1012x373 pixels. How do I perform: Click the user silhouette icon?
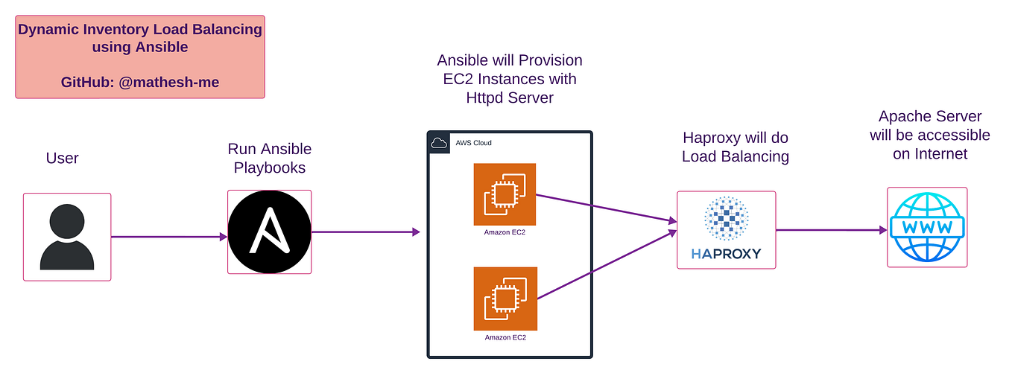(67, 237)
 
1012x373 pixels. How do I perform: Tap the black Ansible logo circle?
(269, 232)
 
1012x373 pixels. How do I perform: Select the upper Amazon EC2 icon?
(505, 194)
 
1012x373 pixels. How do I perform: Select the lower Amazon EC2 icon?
(505, 299)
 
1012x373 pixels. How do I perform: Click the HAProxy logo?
(726, 229)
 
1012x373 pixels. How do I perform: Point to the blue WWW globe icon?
(927, 226)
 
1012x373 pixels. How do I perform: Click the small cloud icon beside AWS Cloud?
(440, 143)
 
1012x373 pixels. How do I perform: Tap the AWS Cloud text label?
(473, 143)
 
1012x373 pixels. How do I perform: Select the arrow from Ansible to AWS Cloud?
(365, 232)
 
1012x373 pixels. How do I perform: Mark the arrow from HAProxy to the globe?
(831, 230)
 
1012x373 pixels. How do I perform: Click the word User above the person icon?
(62, 158)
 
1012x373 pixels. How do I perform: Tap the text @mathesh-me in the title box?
(168, 82)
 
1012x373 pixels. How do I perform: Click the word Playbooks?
(270, 168)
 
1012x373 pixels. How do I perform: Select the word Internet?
(930, 154)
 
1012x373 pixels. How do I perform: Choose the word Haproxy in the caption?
(712, 138)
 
